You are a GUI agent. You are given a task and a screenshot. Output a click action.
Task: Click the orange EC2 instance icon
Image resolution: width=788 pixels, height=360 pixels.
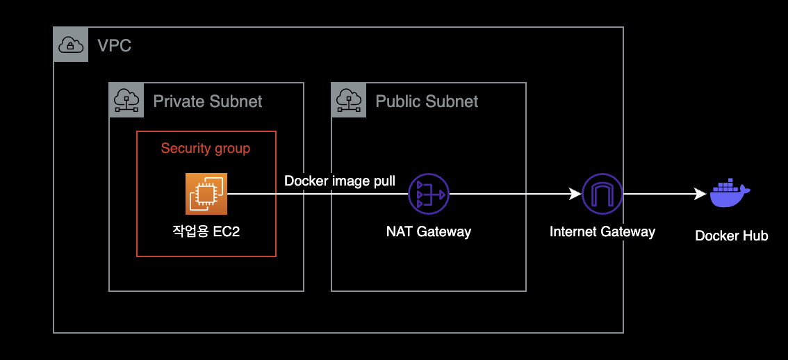206,194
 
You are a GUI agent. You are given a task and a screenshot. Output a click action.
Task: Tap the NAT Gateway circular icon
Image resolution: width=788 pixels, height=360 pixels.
429,195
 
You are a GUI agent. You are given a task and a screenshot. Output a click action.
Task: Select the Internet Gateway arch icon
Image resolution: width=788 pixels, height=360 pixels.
602,195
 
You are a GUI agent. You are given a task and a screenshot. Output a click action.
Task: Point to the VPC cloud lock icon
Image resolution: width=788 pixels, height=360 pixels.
71,45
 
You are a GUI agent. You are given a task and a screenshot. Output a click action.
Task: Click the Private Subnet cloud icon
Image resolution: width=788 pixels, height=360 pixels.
126,100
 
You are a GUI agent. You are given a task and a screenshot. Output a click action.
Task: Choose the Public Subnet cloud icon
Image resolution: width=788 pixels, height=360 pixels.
349,100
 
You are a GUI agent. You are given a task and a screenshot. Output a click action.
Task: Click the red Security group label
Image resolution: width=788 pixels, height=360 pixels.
206,148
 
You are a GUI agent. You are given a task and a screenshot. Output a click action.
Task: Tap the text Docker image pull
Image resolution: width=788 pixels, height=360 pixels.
340,181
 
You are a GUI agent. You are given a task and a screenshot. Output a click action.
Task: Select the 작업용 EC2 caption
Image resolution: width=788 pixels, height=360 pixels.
206,231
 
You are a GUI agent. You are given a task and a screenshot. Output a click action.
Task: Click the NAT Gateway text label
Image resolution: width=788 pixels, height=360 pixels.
429,231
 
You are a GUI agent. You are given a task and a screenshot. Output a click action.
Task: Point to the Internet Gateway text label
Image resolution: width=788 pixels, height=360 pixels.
602,231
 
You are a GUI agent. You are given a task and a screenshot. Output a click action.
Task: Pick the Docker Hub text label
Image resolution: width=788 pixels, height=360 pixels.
732,236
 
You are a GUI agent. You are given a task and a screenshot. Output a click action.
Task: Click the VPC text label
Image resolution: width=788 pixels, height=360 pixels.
114,47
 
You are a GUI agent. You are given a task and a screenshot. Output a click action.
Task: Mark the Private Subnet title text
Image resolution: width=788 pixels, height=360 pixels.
208,101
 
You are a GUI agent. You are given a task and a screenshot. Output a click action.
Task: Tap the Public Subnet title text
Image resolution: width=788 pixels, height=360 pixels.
427,101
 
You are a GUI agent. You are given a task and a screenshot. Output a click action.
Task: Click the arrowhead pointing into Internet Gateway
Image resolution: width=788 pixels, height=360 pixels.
575,195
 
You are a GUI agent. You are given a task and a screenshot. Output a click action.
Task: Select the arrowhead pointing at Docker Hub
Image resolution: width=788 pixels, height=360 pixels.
701,195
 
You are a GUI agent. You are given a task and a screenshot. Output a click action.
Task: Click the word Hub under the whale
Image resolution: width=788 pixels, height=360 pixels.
755,236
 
